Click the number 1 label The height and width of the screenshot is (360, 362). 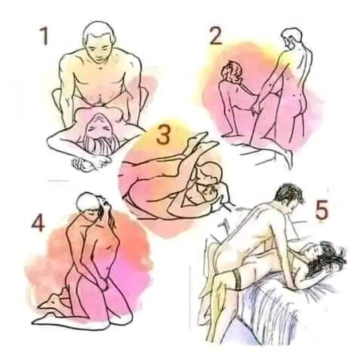click(x=44, y=36)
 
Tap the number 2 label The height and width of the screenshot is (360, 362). click(x=216, y=36)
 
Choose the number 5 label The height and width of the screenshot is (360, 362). click(x=322, y=210)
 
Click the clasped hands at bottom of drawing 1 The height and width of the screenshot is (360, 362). click(x=91, y=163)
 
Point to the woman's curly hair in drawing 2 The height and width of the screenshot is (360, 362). click(x=232, y=71)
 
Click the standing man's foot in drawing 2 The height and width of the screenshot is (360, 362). click(x=289, y=158)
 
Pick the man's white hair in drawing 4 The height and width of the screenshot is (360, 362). click(x=86, y=201)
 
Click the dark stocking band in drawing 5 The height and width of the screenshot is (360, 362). click(x=237, y=281)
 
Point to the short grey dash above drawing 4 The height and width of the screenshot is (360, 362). click(x=58, y=181)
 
